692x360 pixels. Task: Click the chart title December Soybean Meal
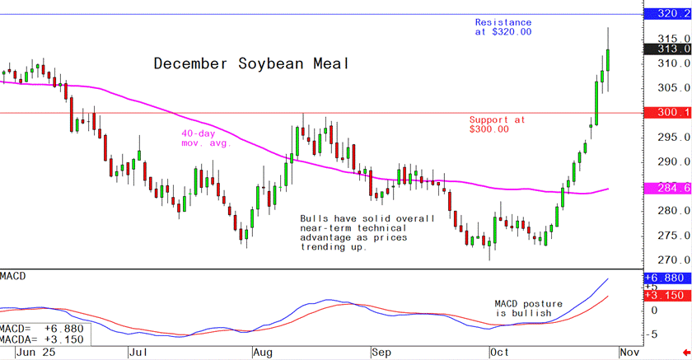click(252, 64)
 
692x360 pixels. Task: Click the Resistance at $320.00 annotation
click(503, 27)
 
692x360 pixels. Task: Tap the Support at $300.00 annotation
click(497, 124)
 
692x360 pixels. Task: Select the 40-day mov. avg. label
click(206, 138)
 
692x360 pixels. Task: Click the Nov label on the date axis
click(630, 352)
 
